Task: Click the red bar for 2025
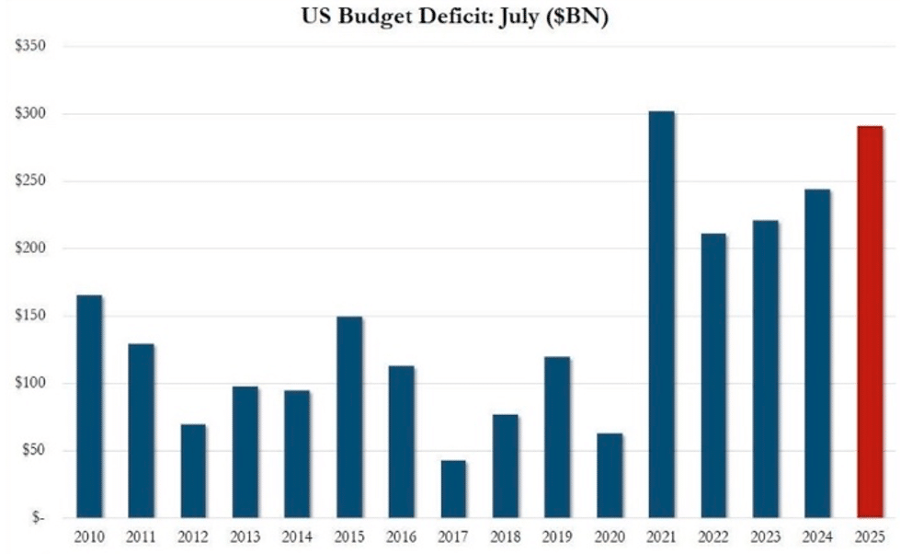[x=870, y=322]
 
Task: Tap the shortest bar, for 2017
[x=453, y=489]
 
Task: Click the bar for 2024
[x=817, y=353]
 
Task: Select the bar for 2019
[x=557, y=437]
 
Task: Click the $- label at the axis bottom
[x=37, y=518]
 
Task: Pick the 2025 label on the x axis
[x=870, y=537]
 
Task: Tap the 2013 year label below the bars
[x=245, y=537]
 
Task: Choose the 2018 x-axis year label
[x=506, y=537]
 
